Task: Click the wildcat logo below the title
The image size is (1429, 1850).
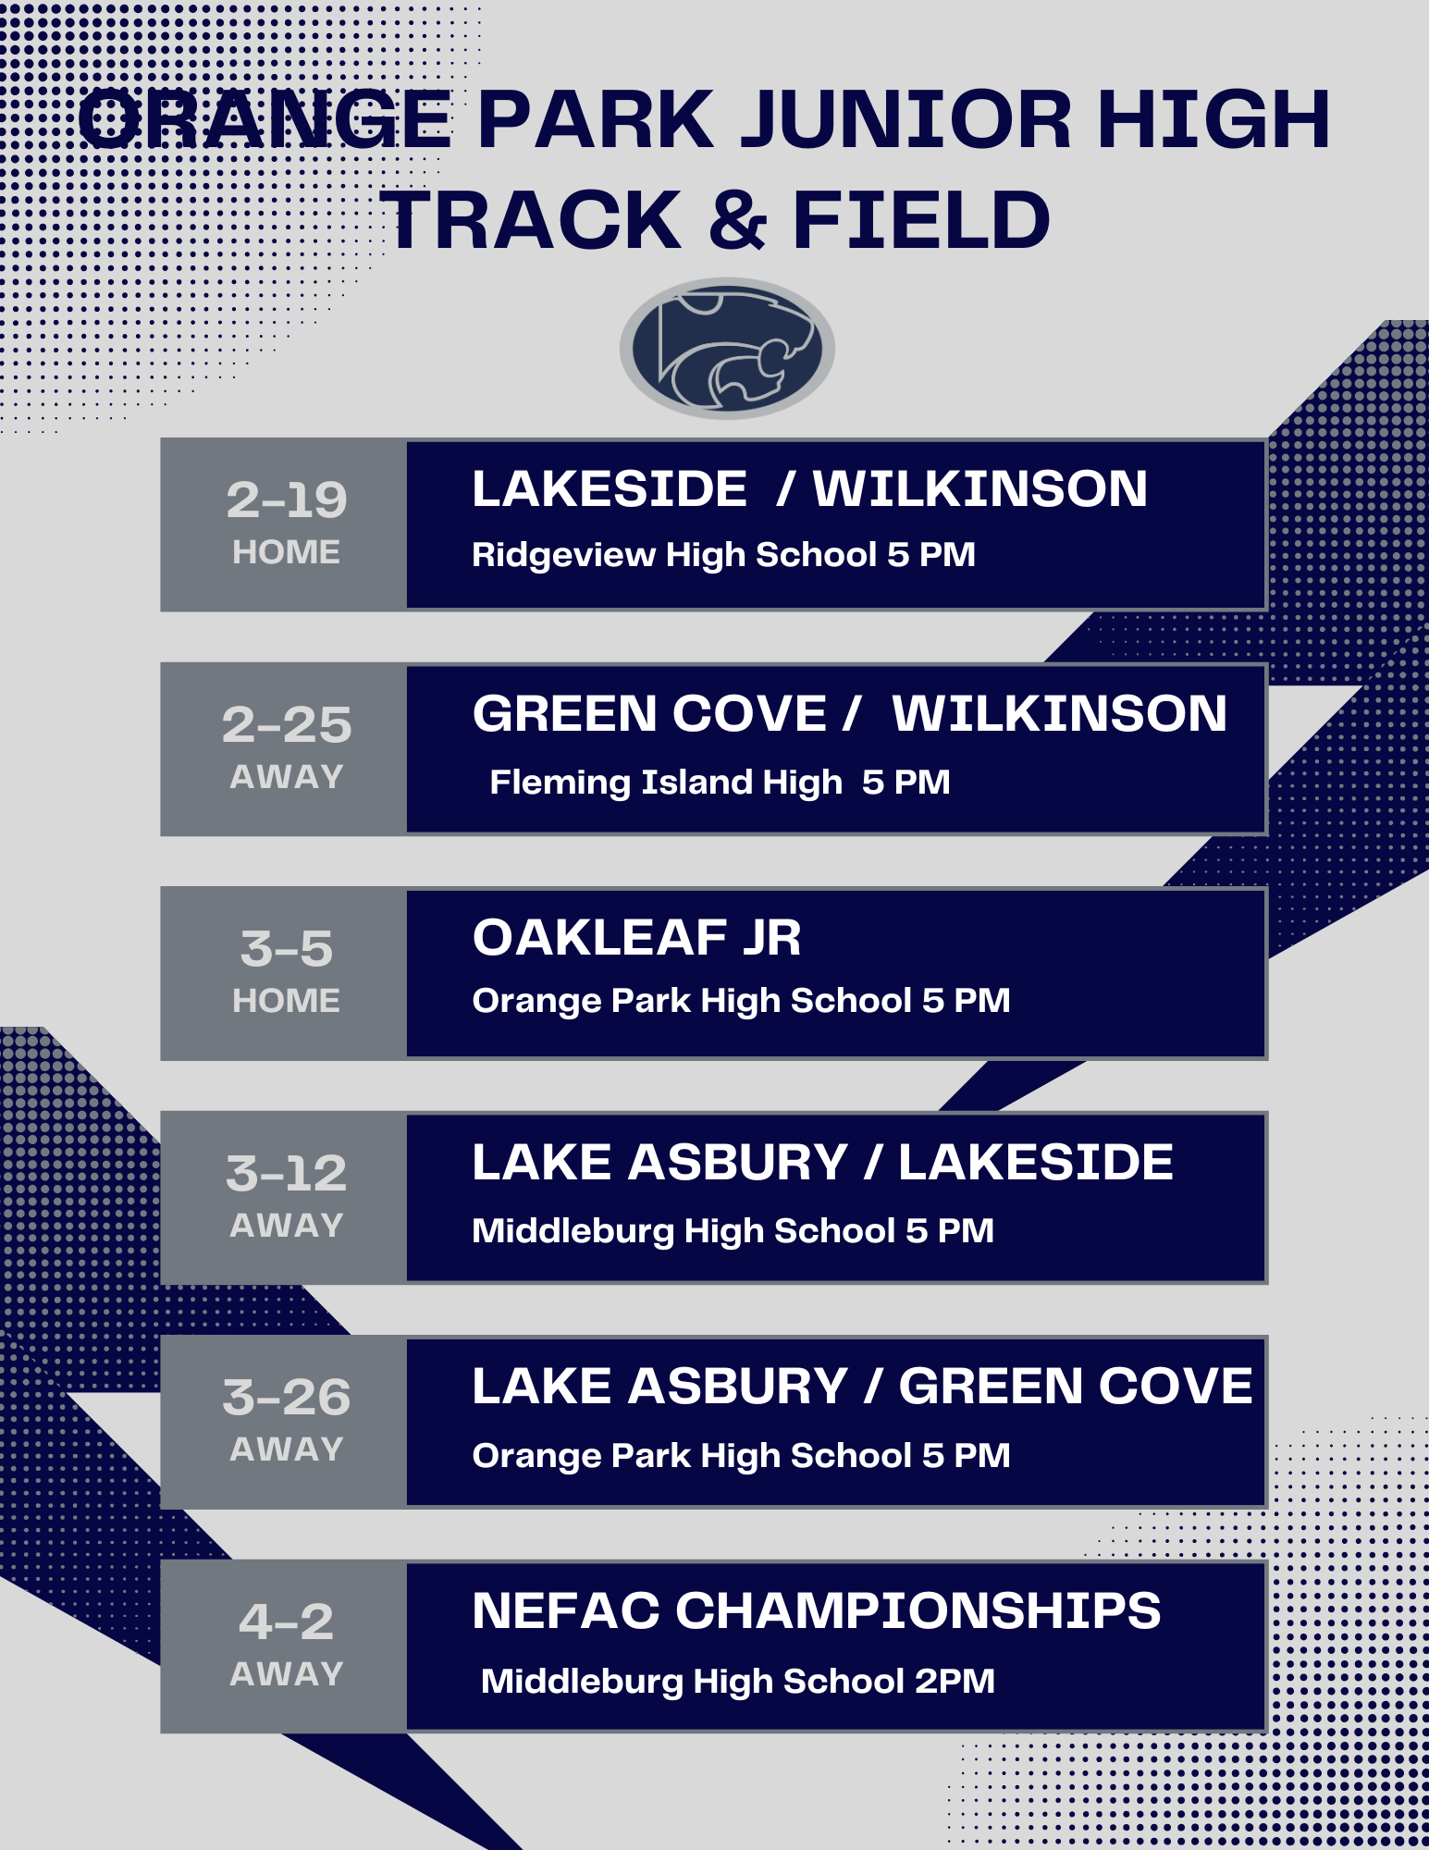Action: (x=727, y=348)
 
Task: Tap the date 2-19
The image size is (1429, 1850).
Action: (x=287, y=499)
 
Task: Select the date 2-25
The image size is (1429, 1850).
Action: (x=287, y=724)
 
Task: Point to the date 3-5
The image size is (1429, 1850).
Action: (x=287, y=949)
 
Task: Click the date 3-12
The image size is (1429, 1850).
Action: (x=287, y=1173)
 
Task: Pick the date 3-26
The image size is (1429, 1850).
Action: (x=287, y=1397)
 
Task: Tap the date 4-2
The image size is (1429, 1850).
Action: (x=287, y=1622)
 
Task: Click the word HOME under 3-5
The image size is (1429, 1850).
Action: (x=287, y=1001)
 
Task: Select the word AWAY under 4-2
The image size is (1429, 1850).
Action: (x=287, y=1674)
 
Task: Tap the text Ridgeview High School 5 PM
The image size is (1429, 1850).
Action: (x=724, y=555)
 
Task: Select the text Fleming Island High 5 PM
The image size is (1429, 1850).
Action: (x=721, y=783)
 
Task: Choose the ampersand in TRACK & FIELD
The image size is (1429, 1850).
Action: (x=738, y=220)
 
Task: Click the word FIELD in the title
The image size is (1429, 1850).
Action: (x=922, y=220)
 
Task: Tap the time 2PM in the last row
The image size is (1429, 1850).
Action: (x=955, y=1681)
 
